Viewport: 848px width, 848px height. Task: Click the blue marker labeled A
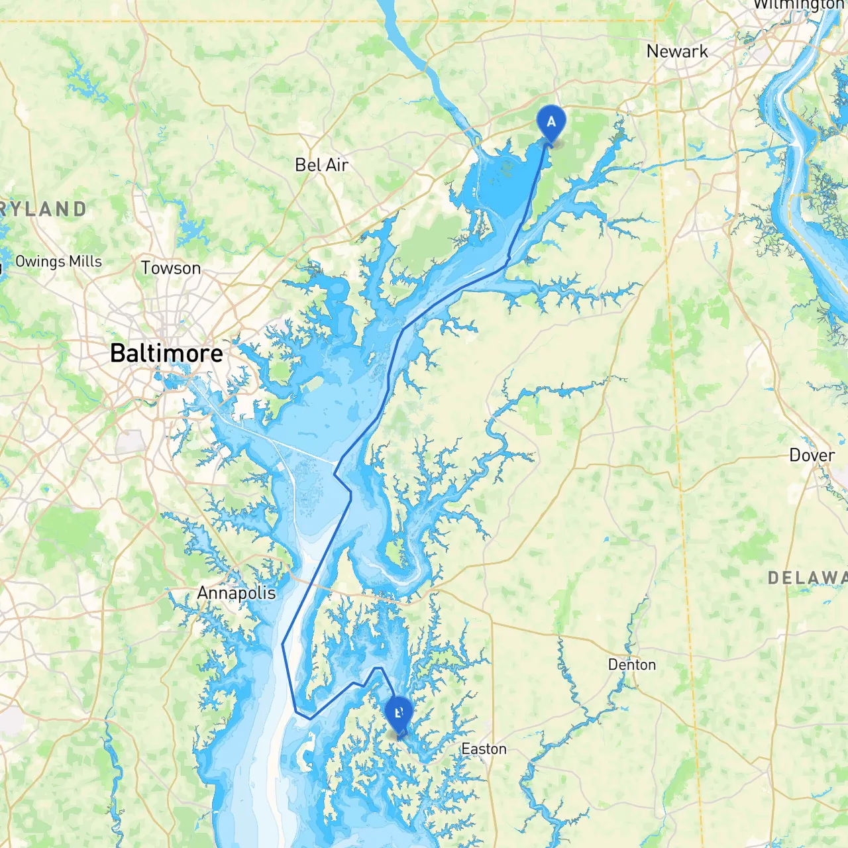click(551, 122)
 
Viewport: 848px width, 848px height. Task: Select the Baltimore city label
click(166, 353)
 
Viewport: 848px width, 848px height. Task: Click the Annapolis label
click(237, 593)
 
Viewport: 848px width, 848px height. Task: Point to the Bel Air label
click(321, 165)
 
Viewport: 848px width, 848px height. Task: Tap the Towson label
click(171, 268)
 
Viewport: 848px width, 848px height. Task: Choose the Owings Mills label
click(58, 262)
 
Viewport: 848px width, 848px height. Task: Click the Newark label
click(677, 52)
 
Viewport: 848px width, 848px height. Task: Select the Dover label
click(812, 456)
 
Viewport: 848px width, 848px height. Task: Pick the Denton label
click(632, 664)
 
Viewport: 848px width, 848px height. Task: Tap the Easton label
click(484, 749)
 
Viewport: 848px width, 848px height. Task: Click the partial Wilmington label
click(798, 5)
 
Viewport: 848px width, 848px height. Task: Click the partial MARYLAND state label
click(43, 209)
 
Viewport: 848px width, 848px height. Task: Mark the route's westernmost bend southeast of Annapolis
click(283, 643)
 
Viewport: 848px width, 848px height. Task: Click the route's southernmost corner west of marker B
click(309, 718)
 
